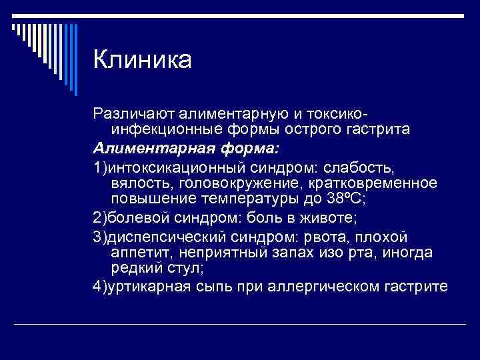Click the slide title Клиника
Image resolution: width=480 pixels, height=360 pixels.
pos(143,60)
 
